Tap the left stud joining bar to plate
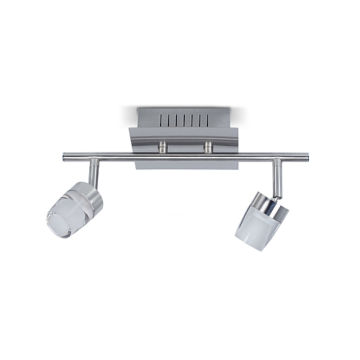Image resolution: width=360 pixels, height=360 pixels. [163, 146]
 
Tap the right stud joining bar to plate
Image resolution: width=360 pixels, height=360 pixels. [209, 146]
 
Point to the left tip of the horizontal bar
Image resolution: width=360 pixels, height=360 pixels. [64, 156]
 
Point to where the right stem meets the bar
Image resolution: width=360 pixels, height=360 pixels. [276, 159]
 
